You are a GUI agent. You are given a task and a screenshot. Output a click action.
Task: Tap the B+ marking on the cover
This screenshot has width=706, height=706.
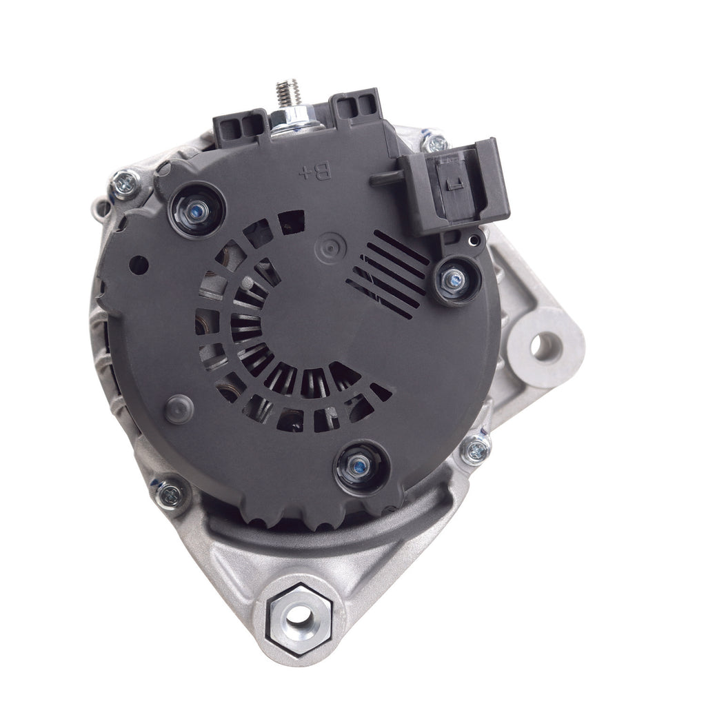[x=315, y=172]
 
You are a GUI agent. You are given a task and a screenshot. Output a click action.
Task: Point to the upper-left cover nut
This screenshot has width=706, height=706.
[x=196, y=211]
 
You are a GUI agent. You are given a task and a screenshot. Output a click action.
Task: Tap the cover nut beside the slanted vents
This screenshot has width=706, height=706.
[x=456, y=281]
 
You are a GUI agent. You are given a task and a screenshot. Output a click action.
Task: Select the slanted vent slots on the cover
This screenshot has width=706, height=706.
[x=388, y=274]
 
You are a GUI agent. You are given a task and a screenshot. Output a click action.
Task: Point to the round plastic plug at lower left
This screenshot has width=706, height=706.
[x=179, y=410]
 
